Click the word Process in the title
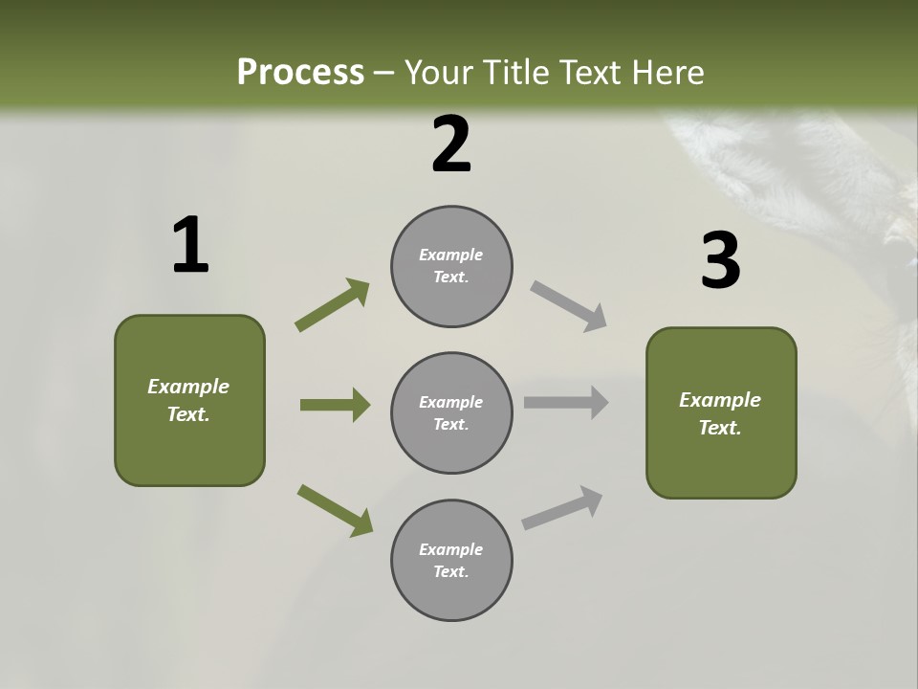pyautogui.click(x=300, y=73)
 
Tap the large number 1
pyautogui.click(x=190, y=246)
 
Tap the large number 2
pyautogui.click(x=451, y=144)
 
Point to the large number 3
pyautogui.click(x=720, y=261)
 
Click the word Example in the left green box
pyautogui.click(x=188, y=387)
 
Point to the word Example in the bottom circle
pyautogui.click(x=450, y=549)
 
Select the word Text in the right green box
pyautogui.click(x=720, y=428)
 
